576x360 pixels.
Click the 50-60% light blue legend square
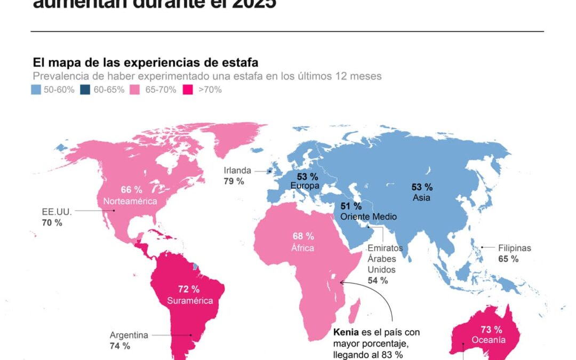(36, 90)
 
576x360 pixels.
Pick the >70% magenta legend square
(188, 90)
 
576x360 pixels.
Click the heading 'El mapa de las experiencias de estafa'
(146, 62)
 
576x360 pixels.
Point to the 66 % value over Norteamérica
(131, 190)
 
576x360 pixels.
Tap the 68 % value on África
(303, 236)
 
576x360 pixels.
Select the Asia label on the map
(421, 197)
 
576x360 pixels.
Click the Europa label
(305, 186)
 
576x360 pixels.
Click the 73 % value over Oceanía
(490, 330)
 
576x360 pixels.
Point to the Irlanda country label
(237, 171)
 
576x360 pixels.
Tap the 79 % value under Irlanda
(234, 181)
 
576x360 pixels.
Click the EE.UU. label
(57, 211)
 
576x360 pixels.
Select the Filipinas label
(515, 248)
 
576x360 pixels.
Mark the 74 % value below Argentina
(120, 346)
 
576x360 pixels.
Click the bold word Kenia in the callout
(345, 332)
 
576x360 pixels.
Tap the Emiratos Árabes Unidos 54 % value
(378, 280)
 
